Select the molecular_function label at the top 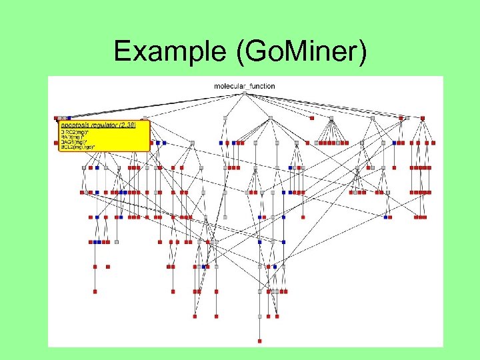[x=245, y=86]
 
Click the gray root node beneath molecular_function [x=245, y=93]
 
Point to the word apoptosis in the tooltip [x=77, y=125]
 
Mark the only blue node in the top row [x=68, y=118]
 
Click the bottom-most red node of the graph [x=260, y=341]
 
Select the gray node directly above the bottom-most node [x=260, y=317]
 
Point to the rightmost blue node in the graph [x=394, y=143]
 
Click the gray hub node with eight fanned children [x=331, y=119]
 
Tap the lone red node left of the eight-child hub [x=311, y=118]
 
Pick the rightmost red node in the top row [x=422, y=118]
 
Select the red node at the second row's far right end [x=435, y=143]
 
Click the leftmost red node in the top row [x=57, y=118]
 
